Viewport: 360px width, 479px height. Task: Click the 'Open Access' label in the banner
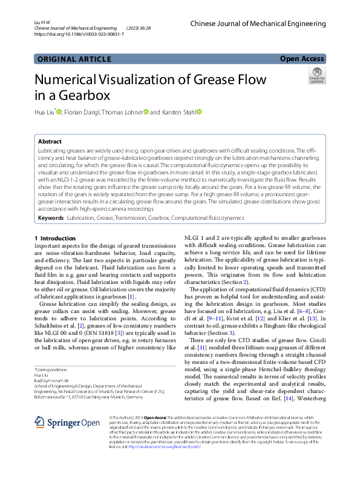[x=302, y=59]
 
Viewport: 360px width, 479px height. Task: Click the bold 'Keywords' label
[x=51, y=217]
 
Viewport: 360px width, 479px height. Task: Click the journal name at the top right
[x=258, y=24]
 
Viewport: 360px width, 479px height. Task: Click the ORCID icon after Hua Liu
[x=59, y=111]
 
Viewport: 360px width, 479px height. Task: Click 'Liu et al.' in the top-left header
[x=42, y=22]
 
